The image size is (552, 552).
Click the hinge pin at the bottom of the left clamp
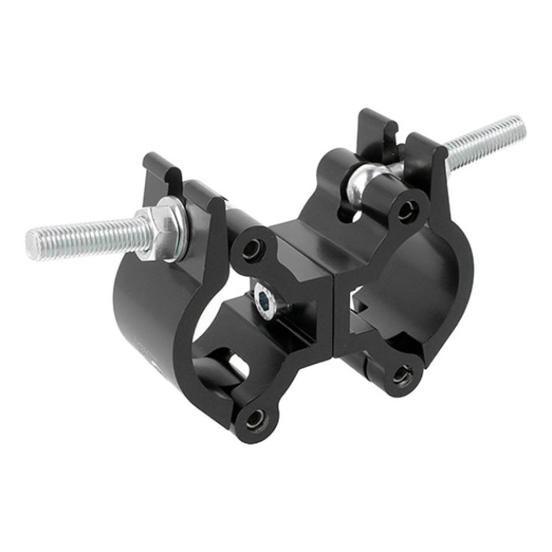tap(256, 420)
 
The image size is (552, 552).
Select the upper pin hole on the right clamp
tap(408, 211)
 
